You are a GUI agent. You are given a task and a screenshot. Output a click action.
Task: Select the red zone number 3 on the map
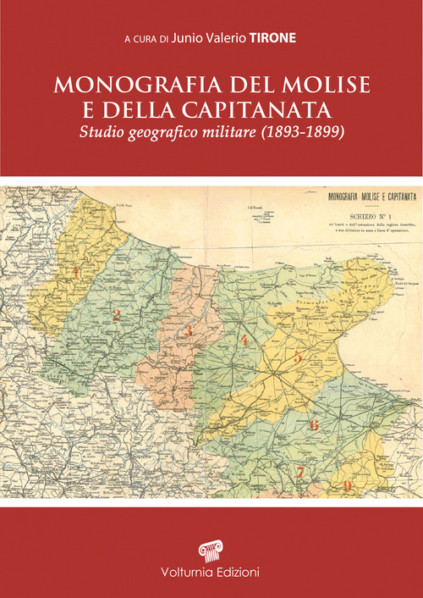190,331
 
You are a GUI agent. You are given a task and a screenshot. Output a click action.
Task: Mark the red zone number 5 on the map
298,357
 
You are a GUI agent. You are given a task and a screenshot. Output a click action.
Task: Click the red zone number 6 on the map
314,424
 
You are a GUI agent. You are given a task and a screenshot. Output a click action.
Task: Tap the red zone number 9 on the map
348,484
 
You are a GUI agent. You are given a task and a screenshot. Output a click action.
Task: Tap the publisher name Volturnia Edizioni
211,573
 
